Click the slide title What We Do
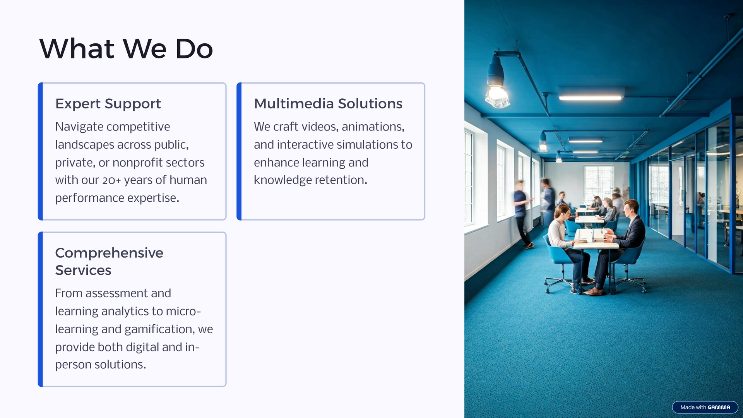[x=126, y=49]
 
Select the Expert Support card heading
[x=108, y=104]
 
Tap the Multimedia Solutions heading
[x=328, y=103]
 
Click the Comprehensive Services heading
[x=109, y=261]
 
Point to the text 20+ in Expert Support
[x=111, y=180]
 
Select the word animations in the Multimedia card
[x=373, y=127]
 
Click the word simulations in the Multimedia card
[x=360, y=144]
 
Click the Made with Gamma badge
[x=705, y=407]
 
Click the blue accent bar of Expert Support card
[x=40, y=151]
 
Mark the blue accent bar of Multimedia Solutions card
[x=239, y=151]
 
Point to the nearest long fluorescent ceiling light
[x=591, y=98]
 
